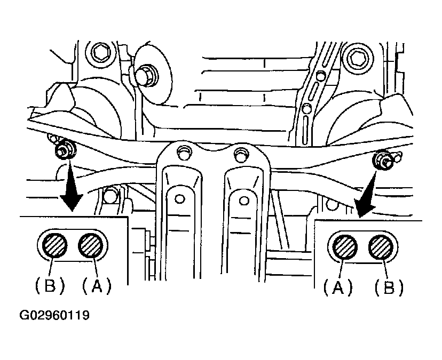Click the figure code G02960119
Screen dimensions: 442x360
coord(54,315)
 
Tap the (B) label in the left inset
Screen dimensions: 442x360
coord(50,286)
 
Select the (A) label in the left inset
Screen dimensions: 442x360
coord(97,286)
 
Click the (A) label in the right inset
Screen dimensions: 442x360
coord(338,287)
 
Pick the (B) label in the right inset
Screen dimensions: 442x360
coord(389,287)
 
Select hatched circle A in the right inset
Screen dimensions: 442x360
coord(345,247)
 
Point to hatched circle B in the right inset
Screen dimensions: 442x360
coord(381,247)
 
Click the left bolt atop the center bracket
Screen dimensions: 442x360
coord(185,153)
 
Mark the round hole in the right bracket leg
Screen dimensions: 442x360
coord(244,201)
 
